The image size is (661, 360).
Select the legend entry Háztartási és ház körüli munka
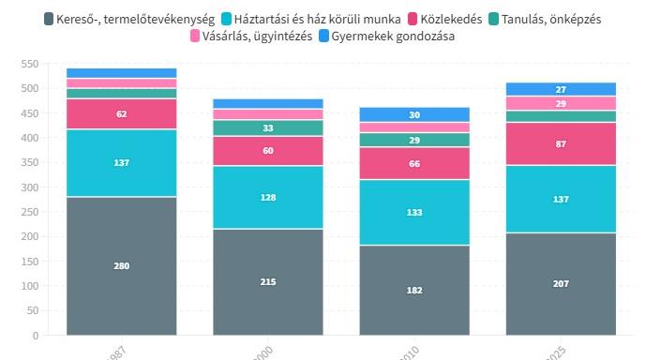click(x=316, y=19)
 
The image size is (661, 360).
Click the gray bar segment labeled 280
click(x=122, y=265)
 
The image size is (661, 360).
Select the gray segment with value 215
click(x=268, y=281)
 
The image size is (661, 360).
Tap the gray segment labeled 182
click(x=414, y=290)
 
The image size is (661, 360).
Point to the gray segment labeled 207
click(x=561, y=283)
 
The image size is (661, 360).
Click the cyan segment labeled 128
click(x=268, y=197)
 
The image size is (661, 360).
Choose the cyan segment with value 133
click(x=414, y=212)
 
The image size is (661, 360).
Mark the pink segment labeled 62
click(x=122, y=113)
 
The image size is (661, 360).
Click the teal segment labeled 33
click(x=268, y=127)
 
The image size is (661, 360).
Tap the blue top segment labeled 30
click(x=414, y=114)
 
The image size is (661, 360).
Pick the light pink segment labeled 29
click(x=561, y=103)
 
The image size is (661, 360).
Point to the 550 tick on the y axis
click(x=29, y=64)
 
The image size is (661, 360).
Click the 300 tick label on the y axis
click(x=29, y=187)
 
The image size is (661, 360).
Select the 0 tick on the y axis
click(x=36, y=335)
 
